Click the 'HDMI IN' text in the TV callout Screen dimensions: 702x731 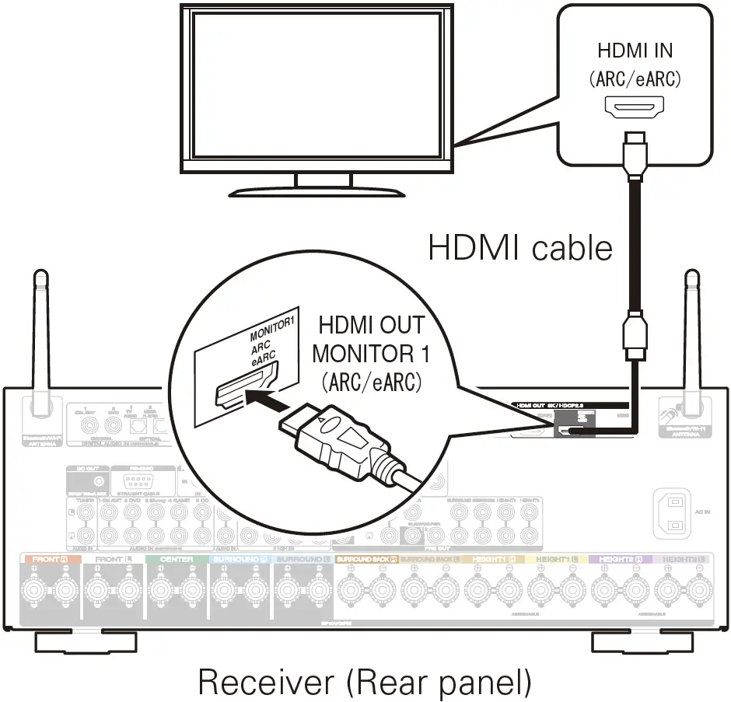tap(635, 51)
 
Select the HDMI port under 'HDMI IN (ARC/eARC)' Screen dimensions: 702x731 tap(635, 107)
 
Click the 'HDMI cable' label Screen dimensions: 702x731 tap(520, 248)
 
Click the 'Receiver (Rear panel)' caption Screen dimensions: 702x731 tap(365, 681)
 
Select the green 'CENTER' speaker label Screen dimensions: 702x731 tap(177, 559)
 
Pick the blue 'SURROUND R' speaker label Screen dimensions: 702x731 tap(240, 559)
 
